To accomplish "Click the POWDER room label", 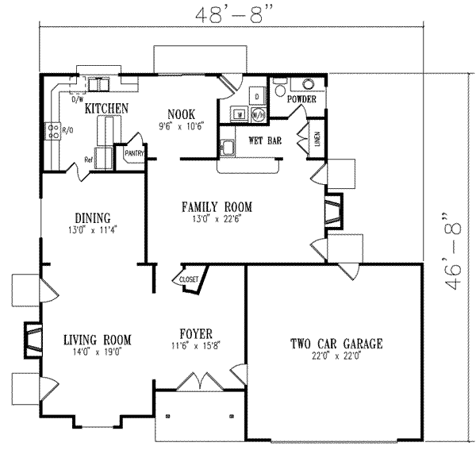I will pos(301,100).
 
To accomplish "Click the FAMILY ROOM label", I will pos(217,206).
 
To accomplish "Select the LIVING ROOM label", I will pos(97,340).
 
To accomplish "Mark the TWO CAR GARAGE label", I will pos(336,344).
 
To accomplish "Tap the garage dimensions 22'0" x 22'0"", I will pos(336,357).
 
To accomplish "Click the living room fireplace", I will pos(33,337).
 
